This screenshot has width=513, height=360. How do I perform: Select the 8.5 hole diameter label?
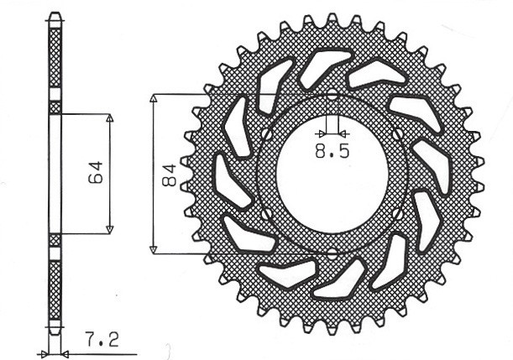[x=331, y=152]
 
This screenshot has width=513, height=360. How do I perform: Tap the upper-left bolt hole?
[x=266, y=134]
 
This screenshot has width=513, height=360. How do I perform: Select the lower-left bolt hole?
[x=266, y=214]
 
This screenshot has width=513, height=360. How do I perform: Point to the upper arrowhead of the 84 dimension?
[x=154, y=98]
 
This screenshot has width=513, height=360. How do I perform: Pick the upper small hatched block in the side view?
[x=55, y=107]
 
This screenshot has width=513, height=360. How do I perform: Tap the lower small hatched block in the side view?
[x=55, y=240]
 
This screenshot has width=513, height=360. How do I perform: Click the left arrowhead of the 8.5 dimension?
[x=322, y=133]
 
